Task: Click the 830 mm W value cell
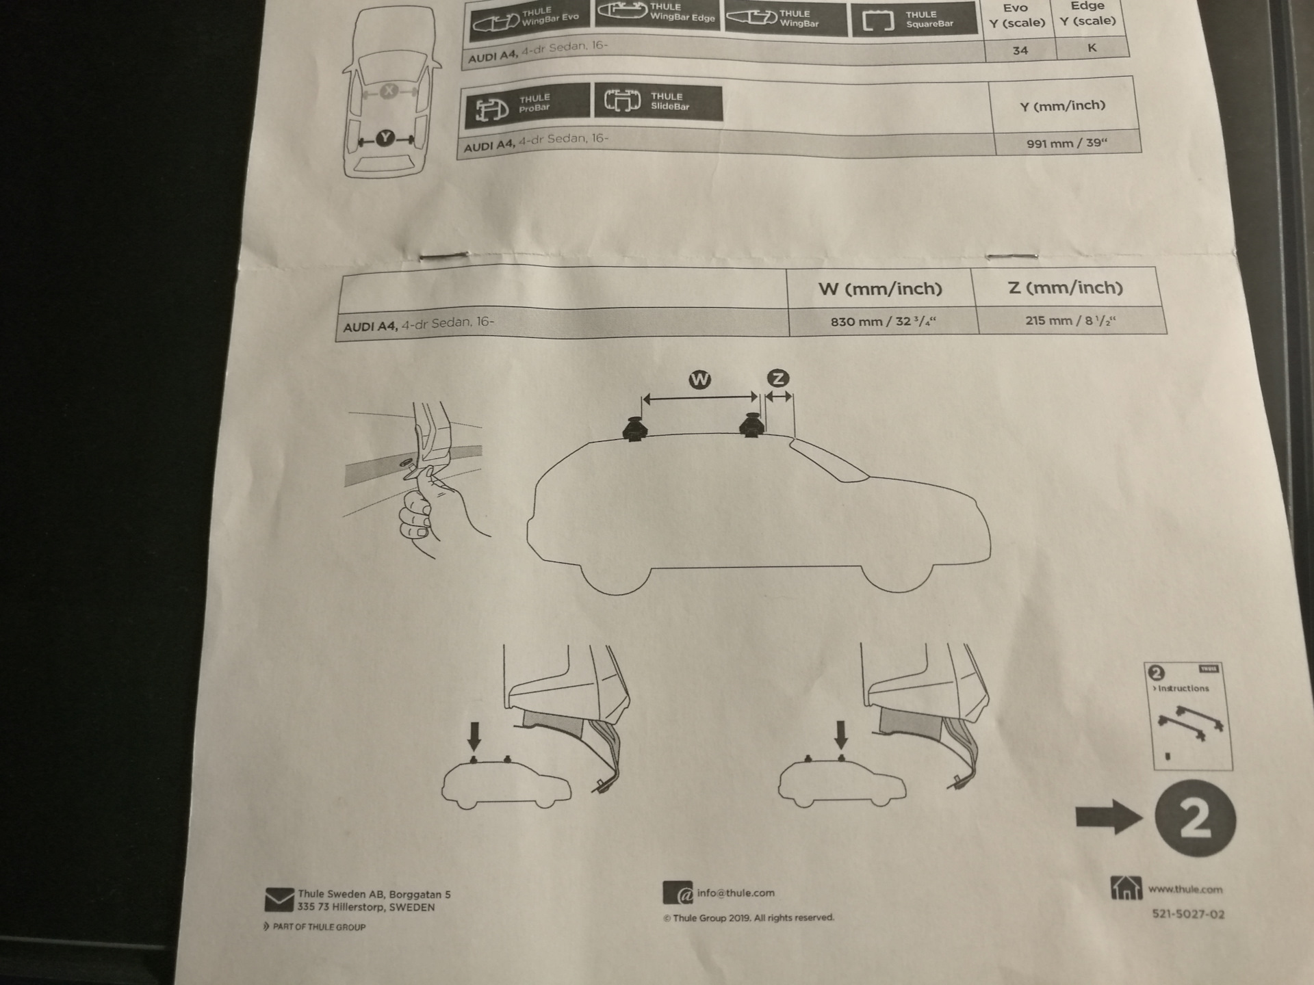(x=883, y=321)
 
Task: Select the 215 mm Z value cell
(x=1070, y=320)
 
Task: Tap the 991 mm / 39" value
(x=1066, y=143)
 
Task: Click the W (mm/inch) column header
(x=880, y=289)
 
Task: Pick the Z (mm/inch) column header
(x=1066, y=288)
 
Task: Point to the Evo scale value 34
(x=1020, y=50)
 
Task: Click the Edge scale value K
(x=1092, y=47)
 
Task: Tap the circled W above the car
(x=699, y=380)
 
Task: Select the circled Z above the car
(x=778, y=378)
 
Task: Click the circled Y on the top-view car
(x=386, y=138)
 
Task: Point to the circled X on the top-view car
(x=389, y=90)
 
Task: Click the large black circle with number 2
(x=1195, y=818)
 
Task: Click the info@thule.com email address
(x=736, y=893)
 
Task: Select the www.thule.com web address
(x=1185, y=889)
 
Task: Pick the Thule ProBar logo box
(x=526, y=106)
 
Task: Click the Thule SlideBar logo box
(x=658, y=103)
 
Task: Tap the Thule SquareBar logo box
(x=914, y=19)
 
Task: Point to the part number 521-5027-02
(x=1188, y=914)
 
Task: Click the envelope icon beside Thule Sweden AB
(x=279, y=899)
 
